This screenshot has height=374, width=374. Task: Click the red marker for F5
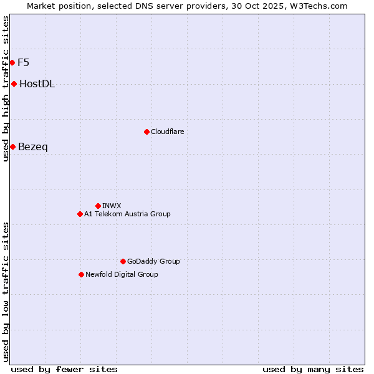[x=12, y=62]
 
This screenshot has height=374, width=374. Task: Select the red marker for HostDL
[x=14, y=84]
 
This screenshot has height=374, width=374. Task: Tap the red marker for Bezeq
[x=12, y=146]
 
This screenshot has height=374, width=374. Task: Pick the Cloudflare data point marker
[x=146, y=132]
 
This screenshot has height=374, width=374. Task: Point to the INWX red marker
[x=98, y=206]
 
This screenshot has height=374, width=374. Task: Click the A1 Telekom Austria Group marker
[x=80, y=214]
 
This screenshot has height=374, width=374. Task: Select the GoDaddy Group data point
[x=123, y=261]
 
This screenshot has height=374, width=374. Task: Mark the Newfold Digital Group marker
[x=81, y=274]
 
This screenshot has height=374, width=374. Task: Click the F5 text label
[x=24, y=62]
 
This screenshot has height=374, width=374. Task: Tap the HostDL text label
[x=37, y=84]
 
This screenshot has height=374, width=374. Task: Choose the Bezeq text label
[x=33, y=147]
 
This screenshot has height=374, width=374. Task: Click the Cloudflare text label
[x=167, y=132]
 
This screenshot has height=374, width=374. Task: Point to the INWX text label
[x=112, y=206]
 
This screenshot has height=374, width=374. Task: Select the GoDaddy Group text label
[x=153, y=261]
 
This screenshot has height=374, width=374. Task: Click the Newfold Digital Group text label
[x=122, y=274]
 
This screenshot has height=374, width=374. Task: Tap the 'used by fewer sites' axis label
[x=64, y=369]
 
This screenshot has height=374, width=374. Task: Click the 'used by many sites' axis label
[x=313, y=369]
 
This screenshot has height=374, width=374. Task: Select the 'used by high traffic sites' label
[x=6, y=89]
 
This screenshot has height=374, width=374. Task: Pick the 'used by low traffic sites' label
[x=6, y=292]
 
